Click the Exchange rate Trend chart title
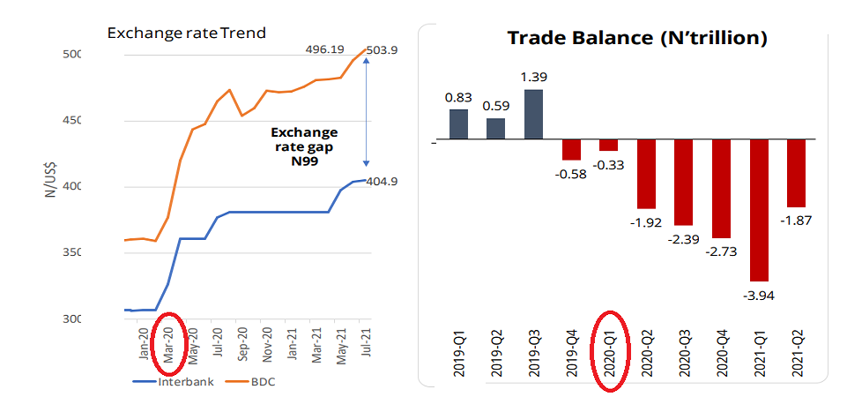pyautogui.click(x=186, y=34)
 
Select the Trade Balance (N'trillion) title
pyautogui.click(x=637, y=38)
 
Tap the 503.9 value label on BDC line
pyautogui.click(x=383, y=50)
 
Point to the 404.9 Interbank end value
pyautogui.click(x=383, y=181)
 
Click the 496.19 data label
pyautogui.click(x=326, y=50)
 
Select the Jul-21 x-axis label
pyautogui.click(x=361, y=340)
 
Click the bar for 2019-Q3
pyautogui.click(x=533, y=115)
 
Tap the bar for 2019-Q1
pyautogui.click(x=458, y=124)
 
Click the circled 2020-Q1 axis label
pyautogui.click(x=609, y=350)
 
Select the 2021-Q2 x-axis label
pyautogui.click(x=798, y=351)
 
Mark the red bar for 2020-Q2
pyautogui.click(x=646, y=175)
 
